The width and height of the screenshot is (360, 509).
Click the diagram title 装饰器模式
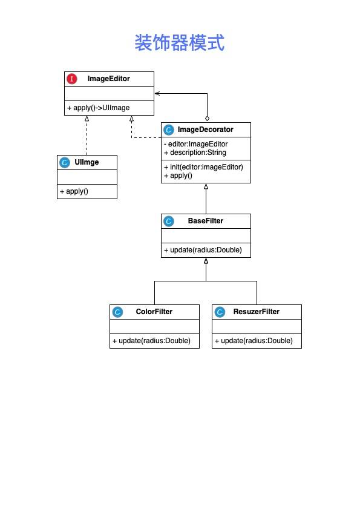coord(180,42)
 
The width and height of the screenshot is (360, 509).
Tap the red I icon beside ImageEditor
coord(72,79)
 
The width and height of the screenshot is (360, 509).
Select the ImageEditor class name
coord(109,79)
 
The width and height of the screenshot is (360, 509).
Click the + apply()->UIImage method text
coord(99,108)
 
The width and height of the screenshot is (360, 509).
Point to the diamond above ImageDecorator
coord(207,119)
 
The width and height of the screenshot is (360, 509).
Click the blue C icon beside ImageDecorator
coord(168,130)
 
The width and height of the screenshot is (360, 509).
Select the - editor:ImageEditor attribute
coord(196,144)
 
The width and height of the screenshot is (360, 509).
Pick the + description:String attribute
coord(195,153)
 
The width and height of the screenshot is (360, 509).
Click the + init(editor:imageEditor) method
coord(203,167)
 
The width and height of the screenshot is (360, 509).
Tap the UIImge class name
coord(87,162)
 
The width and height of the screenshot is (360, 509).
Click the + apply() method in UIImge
coord(74,191)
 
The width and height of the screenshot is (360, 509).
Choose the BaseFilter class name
coord(206,221)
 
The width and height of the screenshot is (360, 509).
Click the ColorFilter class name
coord(154,312)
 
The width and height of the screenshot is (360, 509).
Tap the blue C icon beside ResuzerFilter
coord(220,312)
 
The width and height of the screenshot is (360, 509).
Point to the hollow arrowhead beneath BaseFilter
coord(206,261)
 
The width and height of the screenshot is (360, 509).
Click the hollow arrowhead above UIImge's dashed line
coord(87,119)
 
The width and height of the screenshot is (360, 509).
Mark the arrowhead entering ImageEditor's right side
coord(157,93)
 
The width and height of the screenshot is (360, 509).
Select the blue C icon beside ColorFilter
coord(117,312)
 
